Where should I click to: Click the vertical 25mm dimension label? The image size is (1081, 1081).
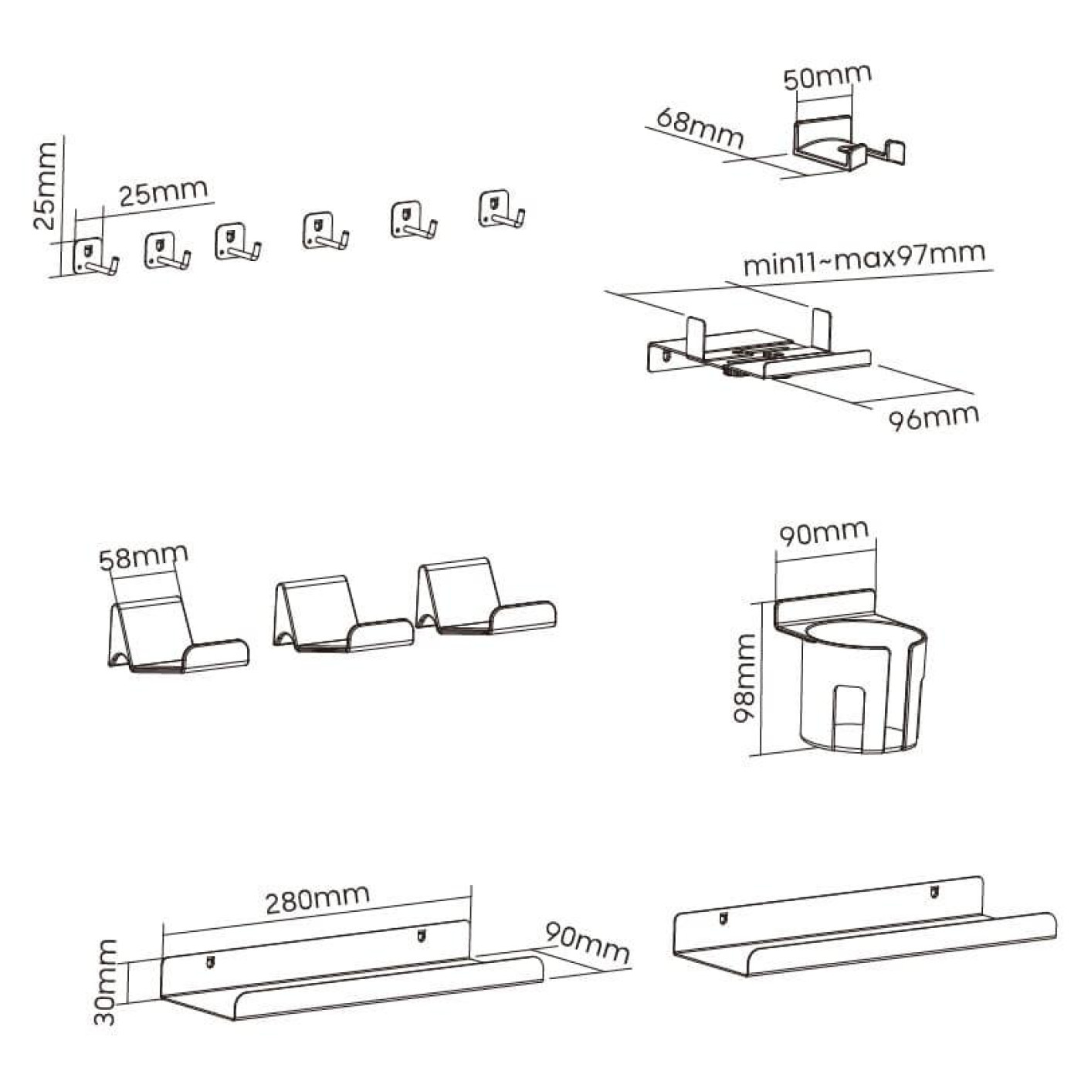pyautogui.click(x=45, y=186)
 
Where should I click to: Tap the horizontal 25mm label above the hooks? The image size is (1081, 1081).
pyautogui.click(x=163, y=192)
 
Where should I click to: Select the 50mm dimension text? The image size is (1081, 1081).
pyautogui.click(x=828, y=77)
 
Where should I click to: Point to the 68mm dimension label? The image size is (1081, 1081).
pyautogui.click(x=700, y=128)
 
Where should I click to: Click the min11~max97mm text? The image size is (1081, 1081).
pyautogui.click(x=865, y=259)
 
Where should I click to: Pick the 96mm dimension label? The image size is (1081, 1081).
pyautogui.click(x=934, y=418)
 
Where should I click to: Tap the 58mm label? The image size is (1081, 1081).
pyautogui.click(x=144, y=557)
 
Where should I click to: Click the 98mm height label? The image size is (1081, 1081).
pyautogui.click(x=746, y=679)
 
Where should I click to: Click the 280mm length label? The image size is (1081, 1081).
pyautogui.click(x=317, y=900)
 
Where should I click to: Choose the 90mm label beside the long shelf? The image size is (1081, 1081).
pyautogui.click(x=587, y=943)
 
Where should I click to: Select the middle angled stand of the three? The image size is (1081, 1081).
pyautogui.click(x=344, y=614)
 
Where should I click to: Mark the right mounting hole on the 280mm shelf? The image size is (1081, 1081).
pyautogui.click(x=420, y=936)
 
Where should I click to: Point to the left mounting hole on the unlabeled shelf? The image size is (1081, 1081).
pyautogui.click(x=723, y=918)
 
